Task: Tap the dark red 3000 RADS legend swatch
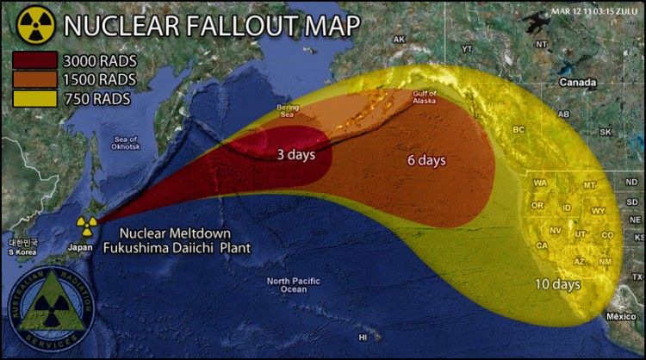pyautogui.click(x=34, y=60)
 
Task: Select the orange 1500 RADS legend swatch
pyautogui.click(x=34, y=79)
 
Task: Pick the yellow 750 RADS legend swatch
pyautogui.click(x=34, y=98)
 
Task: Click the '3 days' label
pyautogui.click(x=295, y=155)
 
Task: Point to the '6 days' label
pyautogui.click(x=425, y=160)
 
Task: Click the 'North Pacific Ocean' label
pyautogui.click(x=287, y=286)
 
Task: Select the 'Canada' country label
pyautogui.click(x=578, y=83)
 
